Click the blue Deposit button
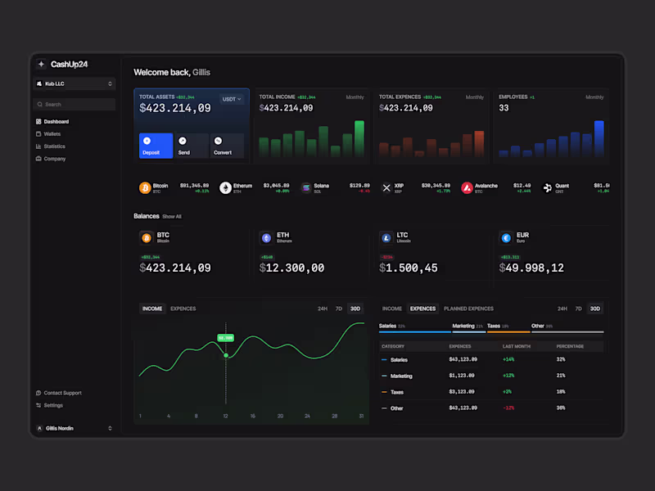(x=156, y=146)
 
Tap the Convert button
(x=227, y=146)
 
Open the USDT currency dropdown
(x=232, y=99)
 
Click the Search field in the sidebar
(x=75, y=105)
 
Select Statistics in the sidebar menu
(x=54, y=146)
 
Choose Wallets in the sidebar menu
(x=52, y=133)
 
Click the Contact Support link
(x=62, y=393)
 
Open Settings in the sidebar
(x=52, y=405)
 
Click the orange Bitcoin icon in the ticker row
(x=145, y=187)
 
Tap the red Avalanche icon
(x=467, y=187)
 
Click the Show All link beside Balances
(x=172, y=217)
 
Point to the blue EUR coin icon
(x=505, y=237)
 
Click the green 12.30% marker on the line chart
(x=226, y=337)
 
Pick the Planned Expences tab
(x=468, y=309)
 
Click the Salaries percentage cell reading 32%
(x=561, y=359)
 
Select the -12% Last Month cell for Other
(x=508, y=408)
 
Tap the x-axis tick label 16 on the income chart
(x=252, y=416)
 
